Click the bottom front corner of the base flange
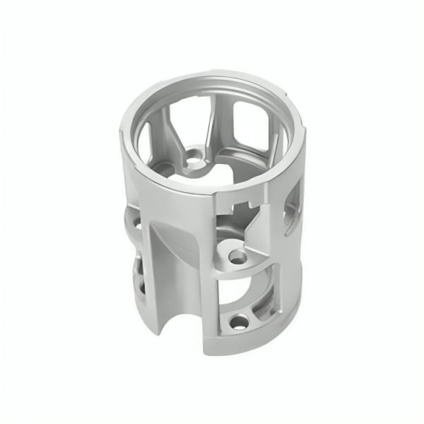209,351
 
